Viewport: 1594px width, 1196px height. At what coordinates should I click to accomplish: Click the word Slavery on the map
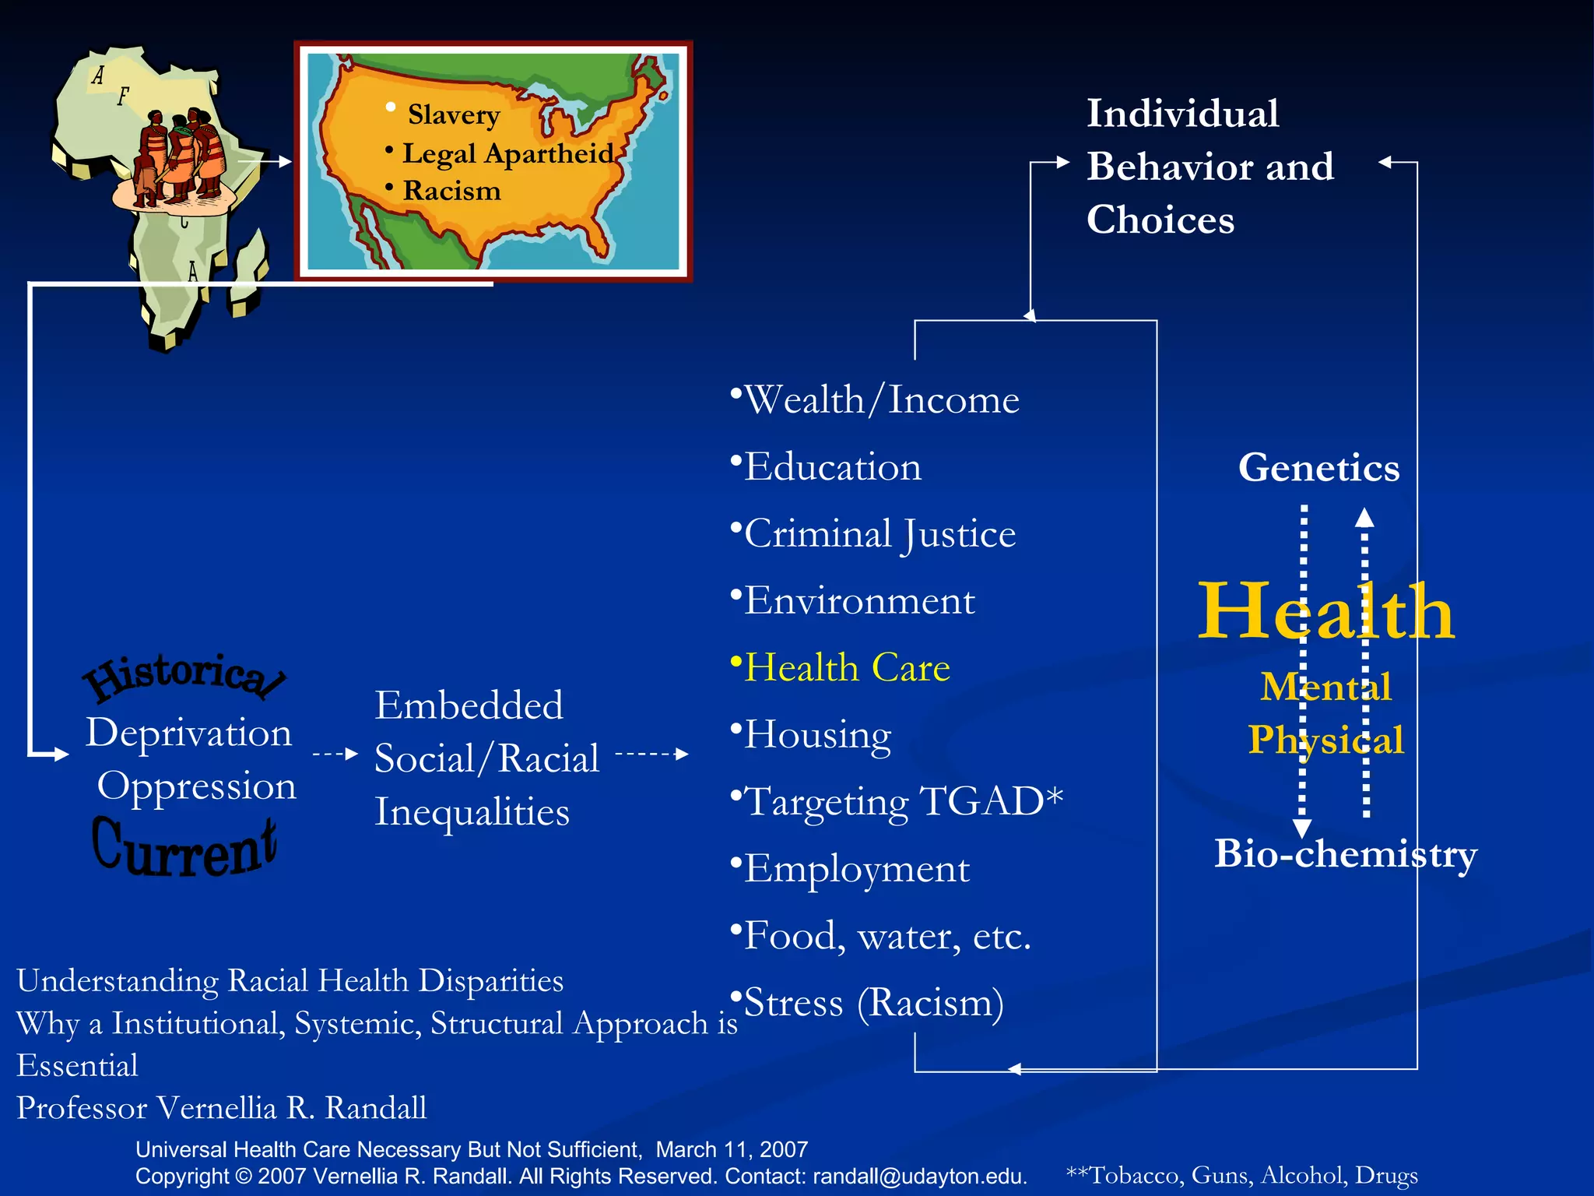pos(454,115)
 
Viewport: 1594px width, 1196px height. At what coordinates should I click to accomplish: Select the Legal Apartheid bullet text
pos(507,153)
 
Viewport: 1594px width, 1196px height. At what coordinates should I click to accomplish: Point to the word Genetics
pos(1318,468)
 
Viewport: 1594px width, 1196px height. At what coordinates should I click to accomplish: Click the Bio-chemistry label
pos(1345,854)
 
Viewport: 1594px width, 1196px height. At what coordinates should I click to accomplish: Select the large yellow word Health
pos(1325,613)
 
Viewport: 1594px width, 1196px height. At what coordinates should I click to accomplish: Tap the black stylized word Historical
pos(184,675)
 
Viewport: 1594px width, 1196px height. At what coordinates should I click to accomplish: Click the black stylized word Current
pos(184,849)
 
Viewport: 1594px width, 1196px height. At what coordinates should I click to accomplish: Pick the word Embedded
pos(469,705)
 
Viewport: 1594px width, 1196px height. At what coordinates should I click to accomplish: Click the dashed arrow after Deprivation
pos(335,754)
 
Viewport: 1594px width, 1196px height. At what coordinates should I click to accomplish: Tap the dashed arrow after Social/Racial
pos(651,754)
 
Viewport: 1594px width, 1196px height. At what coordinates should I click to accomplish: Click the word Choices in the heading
pos(1160,220)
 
